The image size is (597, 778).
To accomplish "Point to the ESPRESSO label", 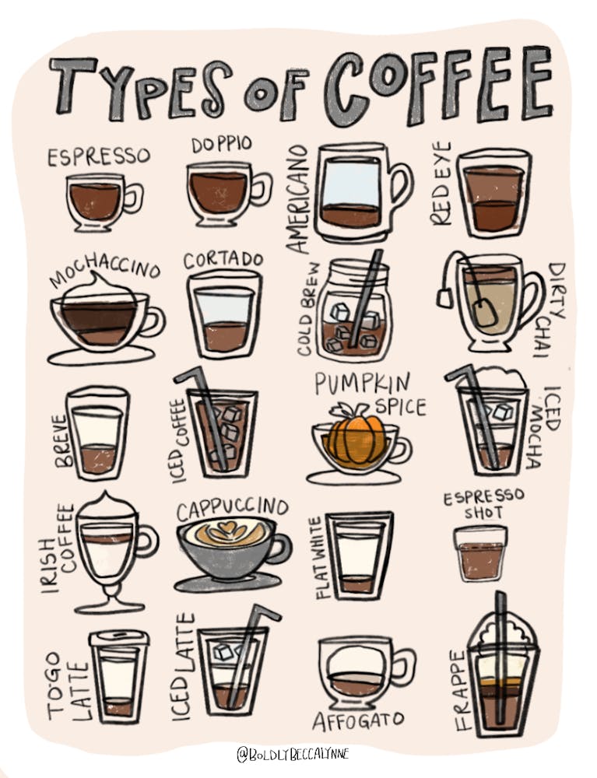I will pos(98,157).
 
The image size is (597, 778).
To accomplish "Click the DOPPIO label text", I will pos(221,145).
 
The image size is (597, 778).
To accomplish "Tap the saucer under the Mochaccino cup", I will pos(100,356).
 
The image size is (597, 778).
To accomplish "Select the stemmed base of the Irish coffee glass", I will pos(110,599).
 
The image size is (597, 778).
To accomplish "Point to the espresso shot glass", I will pos(480,553).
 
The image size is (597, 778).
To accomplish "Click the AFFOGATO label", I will pos(353,721).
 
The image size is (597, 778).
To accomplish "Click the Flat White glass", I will pos(359,555).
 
